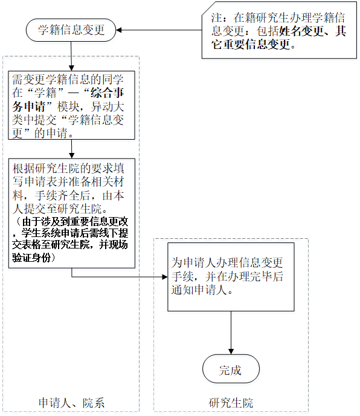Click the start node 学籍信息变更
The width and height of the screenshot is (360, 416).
(x=71, y=30)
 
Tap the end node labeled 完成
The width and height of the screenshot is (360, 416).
(x=231, y=369)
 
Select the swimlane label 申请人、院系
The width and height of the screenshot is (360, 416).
(x=71, y=403)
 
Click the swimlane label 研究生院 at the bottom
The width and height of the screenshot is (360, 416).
(x=231, y=403)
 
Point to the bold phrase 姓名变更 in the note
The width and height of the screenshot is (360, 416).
(x=301, y=31)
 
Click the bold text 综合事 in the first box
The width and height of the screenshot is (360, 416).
(x=107, y=93)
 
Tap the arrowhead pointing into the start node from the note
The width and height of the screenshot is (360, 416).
(x=119, y=30)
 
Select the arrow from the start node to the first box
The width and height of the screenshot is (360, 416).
(x=71, y=56)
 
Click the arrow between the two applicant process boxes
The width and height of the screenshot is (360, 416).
(x=71, y=149)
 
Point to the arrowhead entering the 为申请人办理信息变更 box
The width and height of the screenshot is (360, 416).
(x=165, y=277)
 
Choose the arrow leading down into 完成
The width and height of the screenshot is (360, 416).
(x=231, y=333)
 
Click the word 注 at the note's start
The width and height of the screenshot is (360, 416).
(x=216, y=18)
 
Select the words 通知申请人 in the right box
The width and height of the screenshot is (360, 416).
(x=199, y=290)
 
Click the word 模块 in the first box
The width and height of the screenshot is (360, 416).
(x=68, y=106)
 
